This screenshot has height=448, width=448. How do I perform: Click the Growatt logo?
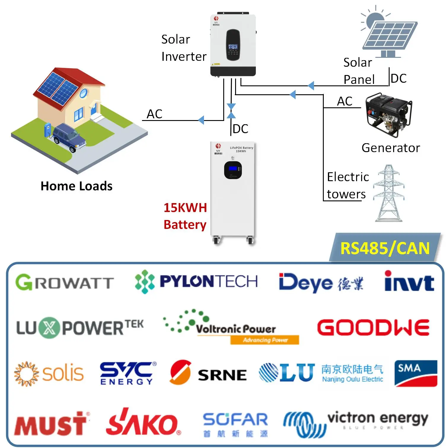[x=65, y=282]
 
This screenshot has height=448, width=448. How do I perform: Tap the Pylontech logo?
[x=196, y=281]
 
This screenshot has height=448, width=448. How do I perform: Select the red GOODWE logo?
[x=373, y=328]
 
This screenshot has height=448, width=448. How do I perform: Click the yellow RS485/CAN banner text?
[x=385, y=248]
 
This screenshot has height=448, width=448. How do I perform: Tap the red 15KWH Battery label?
[x=185, y=216]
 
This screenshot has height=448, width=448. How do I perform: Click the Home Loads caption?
[x=76, y=186]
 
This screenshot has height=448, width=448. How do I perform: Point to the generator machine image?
[x=388, y=115]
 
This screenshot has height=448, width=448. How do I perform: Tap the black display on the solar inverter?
[x=233, y=45]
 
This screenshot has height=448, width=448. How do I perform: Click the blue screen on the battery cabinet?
[x=233, y=169]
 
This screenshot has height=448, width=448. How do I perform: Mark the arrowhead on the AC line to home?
[x=201, y=120]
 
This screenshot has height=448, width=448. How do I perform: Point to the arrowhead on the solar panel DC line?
[x=311, y=86]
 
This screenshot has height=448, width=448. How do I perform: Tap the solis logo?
[x=49, y=374]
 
